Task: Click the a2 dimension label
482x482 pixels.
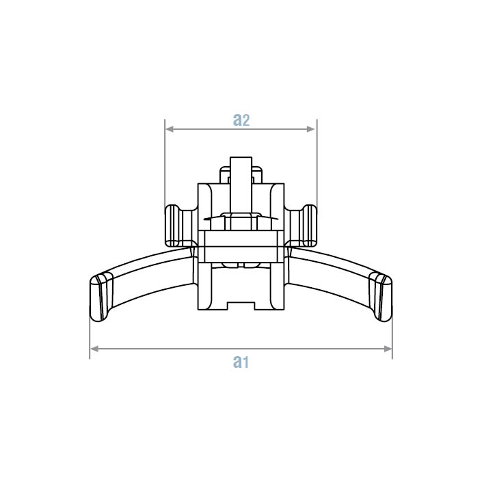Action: (241, 120)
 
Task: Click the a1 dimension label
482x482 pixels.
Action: (240, 361)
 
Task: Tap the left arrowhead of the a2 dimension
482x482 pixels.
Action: (169, 129)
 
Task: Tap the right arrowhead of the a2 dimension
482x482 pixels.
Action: (312, 129)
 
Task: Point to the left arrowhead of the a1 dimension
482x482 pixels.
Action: (94, 349)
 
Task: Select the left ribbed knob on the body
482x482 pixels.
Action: (175, 225)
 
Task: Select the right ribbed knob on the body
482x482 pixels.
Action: (306, 225)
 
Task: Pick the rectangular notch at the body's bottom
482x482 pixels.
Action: (240, 305)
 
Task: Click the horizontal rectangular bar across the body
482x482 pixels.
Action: (240, 247)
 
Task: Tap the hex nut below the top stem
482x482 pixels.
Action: (240, 221)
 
